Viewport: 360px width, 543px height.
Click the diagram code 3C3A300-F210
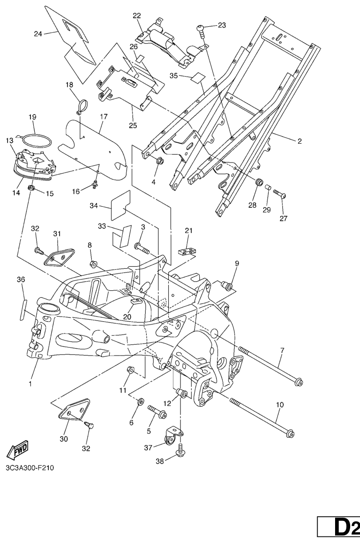click(x=30, y=468)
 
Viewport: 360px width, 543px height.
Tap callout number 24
click(x=38, y=34)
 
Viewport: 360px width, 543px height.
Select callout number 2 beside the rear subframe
click(x=300, y=141)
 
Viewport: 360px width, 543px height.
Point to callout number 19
click(x=32, y=117)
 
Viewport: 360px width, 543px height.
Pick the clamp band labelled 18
click(x=82, y=106)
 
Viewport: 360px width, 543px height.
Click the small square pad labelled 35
click(x=198, y=77)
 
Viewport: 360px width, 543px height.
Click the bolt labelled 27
click(x=280, y=194)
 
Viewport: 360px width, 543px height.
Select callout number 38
click(x=160, y=461)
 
